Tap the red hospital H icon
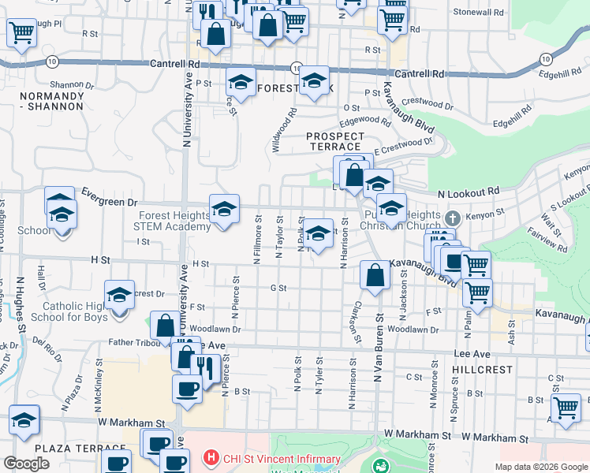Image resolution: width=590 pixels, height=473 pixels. pyautogui.click(x=211, y=458)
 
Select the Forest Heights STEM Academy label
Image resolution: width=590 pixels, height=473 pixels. pyautogui.click(x=174, y=222)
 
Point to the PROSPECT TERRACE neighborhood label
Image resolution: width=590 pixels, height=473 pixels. pyautogui.click(x=335, y=142)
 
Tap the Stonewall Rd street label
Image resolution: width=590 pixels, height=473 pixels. pyautogui.click(x=478, y=13)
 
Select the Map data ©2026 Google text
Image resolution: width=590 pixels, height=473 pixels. pyautogui.click(x=541, y=467)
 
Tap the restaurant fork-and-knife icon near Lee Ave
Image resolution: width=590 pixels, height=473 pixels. pyautogui.click(x=206, y=367)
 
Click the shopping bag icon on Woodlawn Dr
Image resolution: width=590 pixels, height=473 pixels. pyautogui.click(x=165, y=325)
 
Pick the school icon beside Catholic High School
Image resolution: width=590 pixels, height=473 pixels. pyautogui.click(x=119, y=295)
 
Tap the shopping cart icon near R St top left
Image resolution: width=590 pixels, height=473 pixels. pyautogui.click(x=21, y=32)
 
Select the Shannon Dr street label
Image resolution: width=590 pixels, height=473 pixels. pyautogui.click(x=72, y=84)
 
